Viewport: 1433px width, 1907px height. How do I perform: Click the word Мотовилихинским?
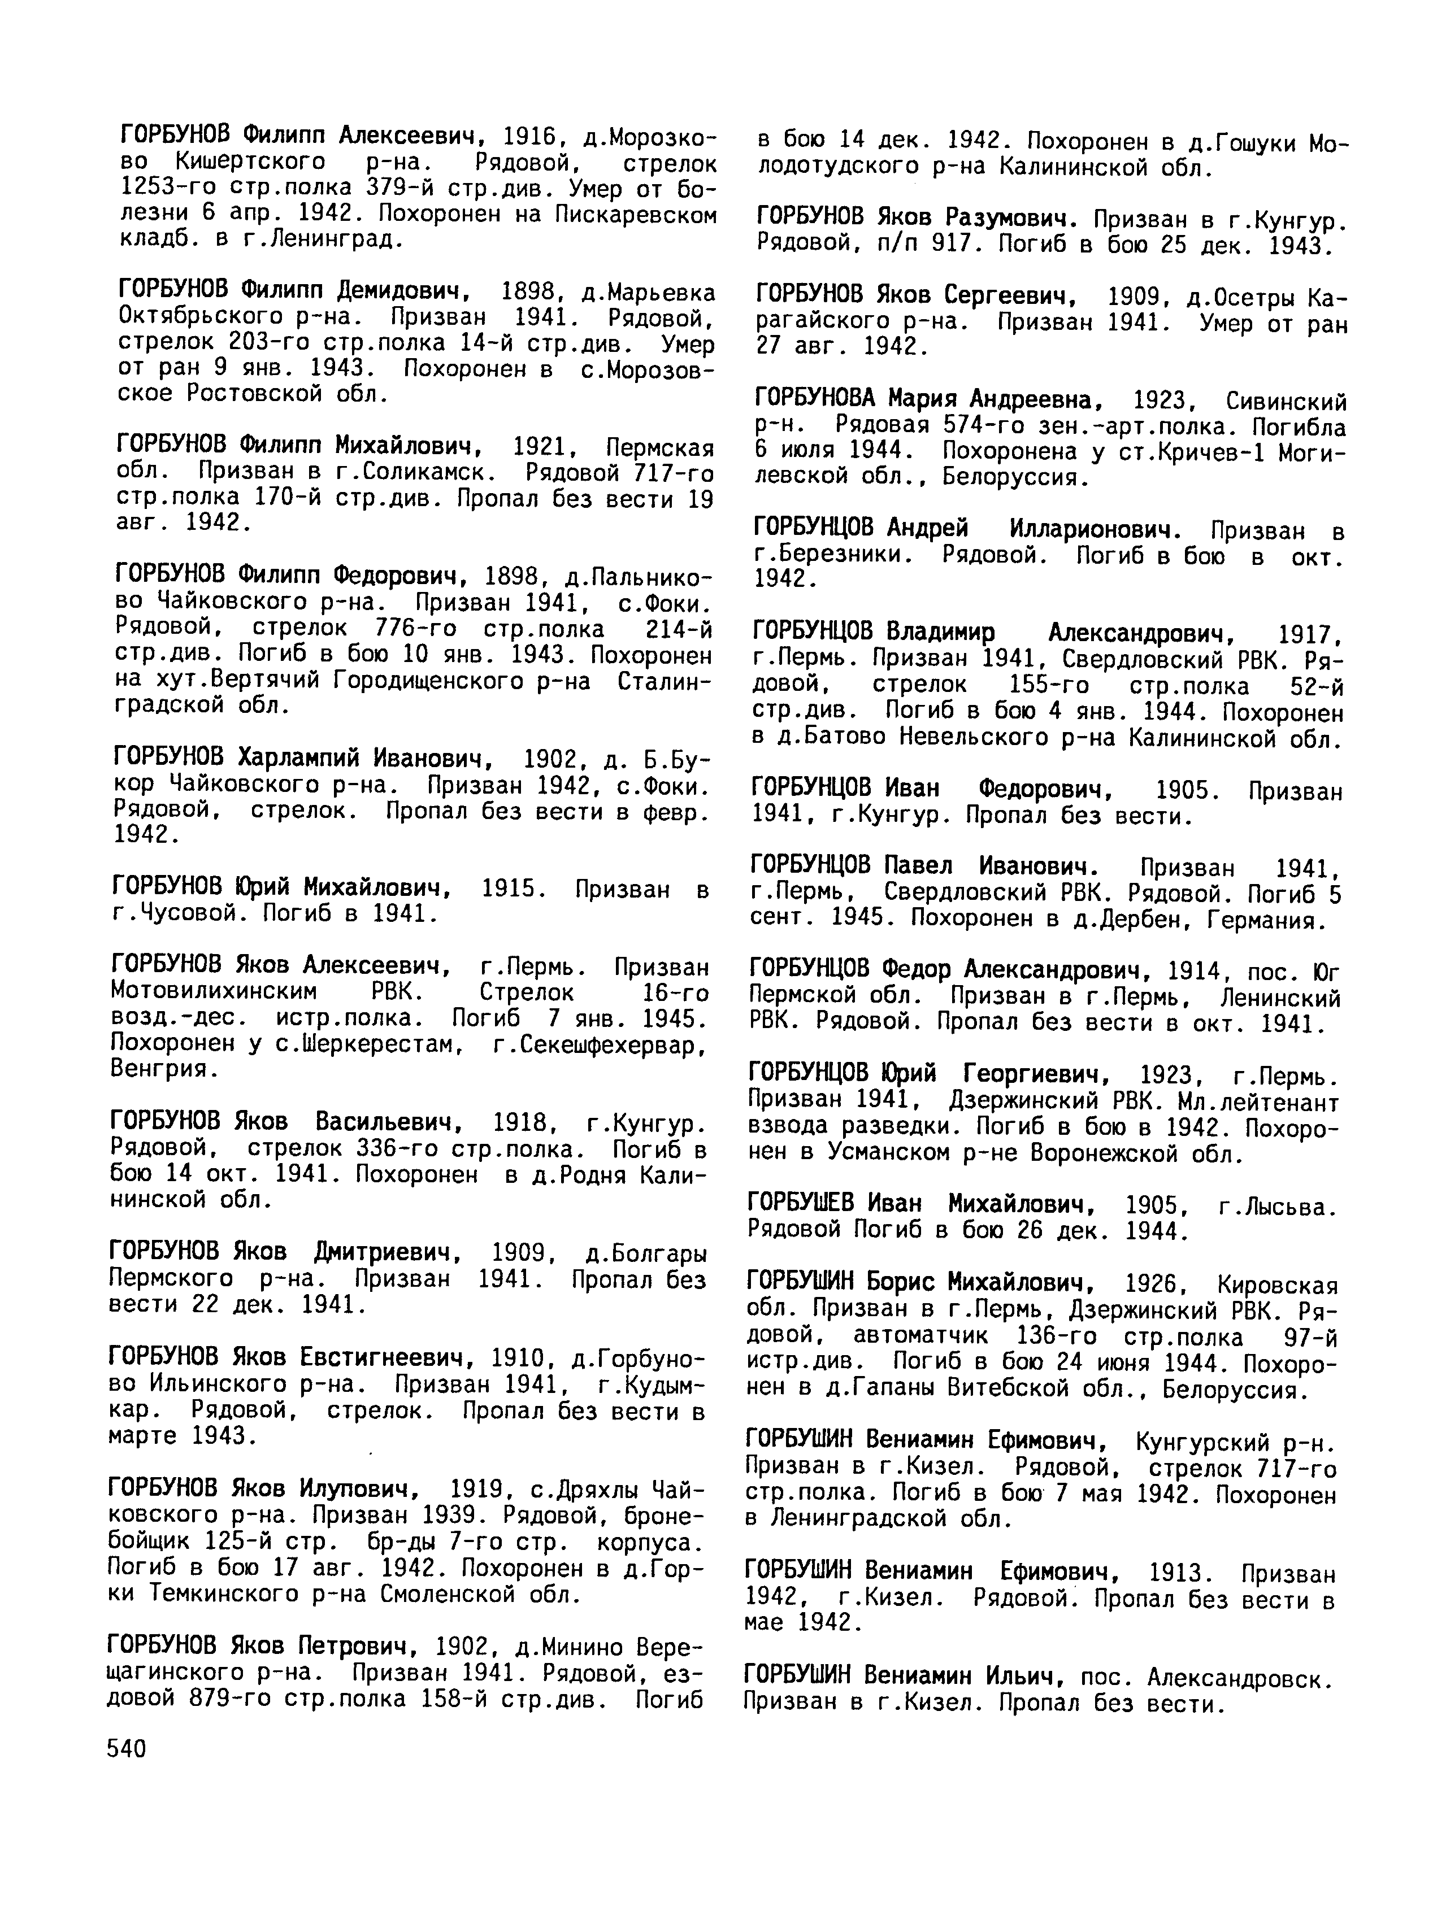point(214,992)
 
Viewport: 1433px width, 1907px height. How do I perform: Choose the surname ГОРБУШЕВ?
point(805,1204)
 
